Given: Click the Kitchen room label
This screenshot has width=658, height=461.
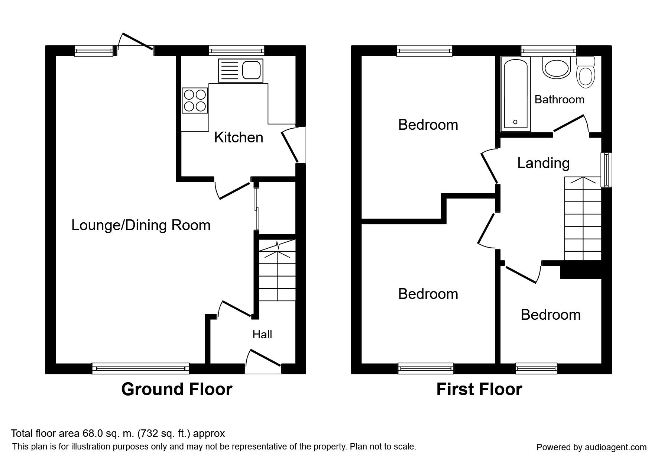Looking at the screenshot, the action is point(239,138).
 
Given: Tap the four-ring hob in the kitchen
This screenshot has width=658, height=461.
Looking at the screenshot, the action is point(195,100).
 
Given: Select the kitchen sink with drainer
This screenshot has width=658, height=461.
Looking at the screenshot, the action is point(241,70).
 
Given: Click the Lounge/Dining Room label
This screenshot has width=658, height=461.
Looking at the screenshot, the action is point(141,225).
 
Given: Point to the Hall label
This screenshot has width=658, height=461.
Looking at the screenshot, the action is point(262,335).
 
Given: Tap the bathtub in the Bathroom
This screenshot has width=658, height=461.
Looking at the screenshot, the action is point(515,94).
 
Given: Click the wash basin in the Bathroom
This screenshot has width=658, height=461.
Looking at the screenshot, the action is point(556,67).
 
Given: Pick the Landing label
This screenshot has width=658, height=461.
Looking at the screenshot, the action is point(543,163).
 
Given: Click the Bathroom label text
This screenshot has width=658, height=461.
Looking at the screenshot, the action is point(559,99).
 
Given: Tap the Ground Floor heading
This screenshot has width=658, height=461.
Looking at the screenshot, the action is point(177,389).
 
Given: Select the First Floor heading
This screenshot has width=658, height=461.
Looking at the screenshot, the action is point(479,389).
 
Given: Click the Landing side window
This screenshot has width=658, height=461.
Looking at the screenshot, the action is point(607,170).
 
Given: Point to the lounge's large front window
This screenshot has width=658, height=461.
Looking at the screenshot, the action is point(140,368).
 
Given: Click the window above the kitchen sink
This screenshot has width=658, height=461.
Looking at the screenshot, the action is point(236,51).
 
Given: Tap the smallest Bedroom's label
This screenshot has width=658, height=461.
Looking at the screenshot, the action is point(551,315).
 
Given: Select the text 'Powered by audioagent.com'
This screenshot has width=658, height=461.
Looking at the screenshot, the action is point(591,447).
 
